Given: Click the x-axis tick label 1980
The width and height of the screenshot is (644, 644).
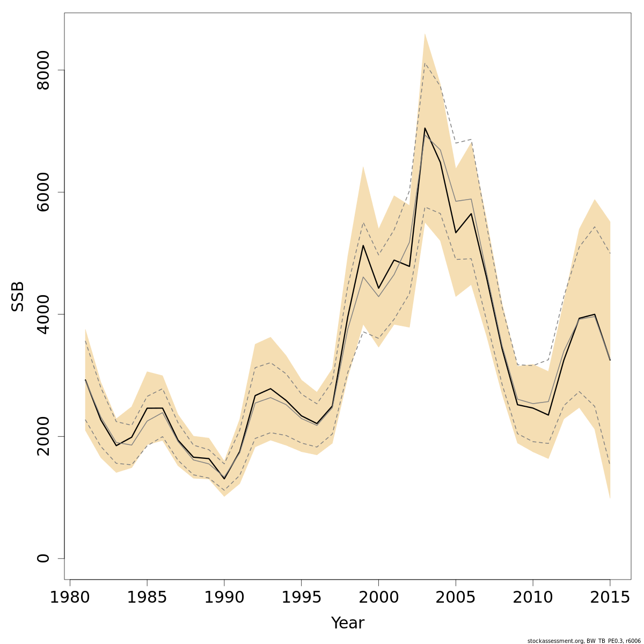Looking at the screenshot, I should click(70, 598).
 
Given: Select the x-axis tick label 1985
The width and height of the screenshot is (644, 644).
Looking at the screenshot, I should click(147, 598).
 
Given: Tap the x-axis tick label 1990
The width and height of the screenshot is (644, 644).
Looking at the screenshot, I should click(224, 598).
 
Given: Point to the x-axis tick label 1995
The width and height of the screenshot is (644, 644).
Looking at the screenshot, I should click(302, 598).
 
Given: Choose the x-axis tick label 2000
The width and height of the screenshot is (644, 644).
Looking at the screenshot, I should click(379, 598).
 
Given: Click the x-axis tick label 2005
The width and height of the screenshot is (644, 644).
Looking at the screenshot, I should click(456, 598).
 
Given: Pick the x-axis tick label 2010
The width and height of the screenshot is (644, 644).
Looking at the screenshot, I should click(533, 598).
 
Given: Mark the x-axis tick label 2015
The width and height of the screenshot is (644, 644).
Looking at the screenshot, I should click(610, 598).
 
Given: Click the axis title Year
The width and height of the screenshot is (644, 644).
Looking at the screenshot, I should click(348, 623).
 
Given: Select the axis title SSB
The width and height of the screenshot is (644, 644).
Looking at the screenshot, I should click(18, 297).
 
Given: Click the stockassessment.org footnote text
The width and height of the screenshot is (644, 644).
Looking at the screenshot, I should click(584, 641).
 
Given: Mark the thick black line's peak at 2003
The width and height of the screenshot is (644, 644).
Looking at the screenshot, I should click(425, 128).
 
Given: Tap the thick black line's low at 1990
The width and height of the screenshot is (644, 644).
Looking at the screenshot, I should click(224, 479).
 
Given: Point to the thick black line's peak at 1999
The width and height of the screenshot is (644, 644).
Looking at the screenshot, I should click(363, 245).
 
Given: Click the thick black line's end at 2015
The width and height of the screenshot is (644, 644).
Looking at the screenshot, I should click(610, 360).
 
